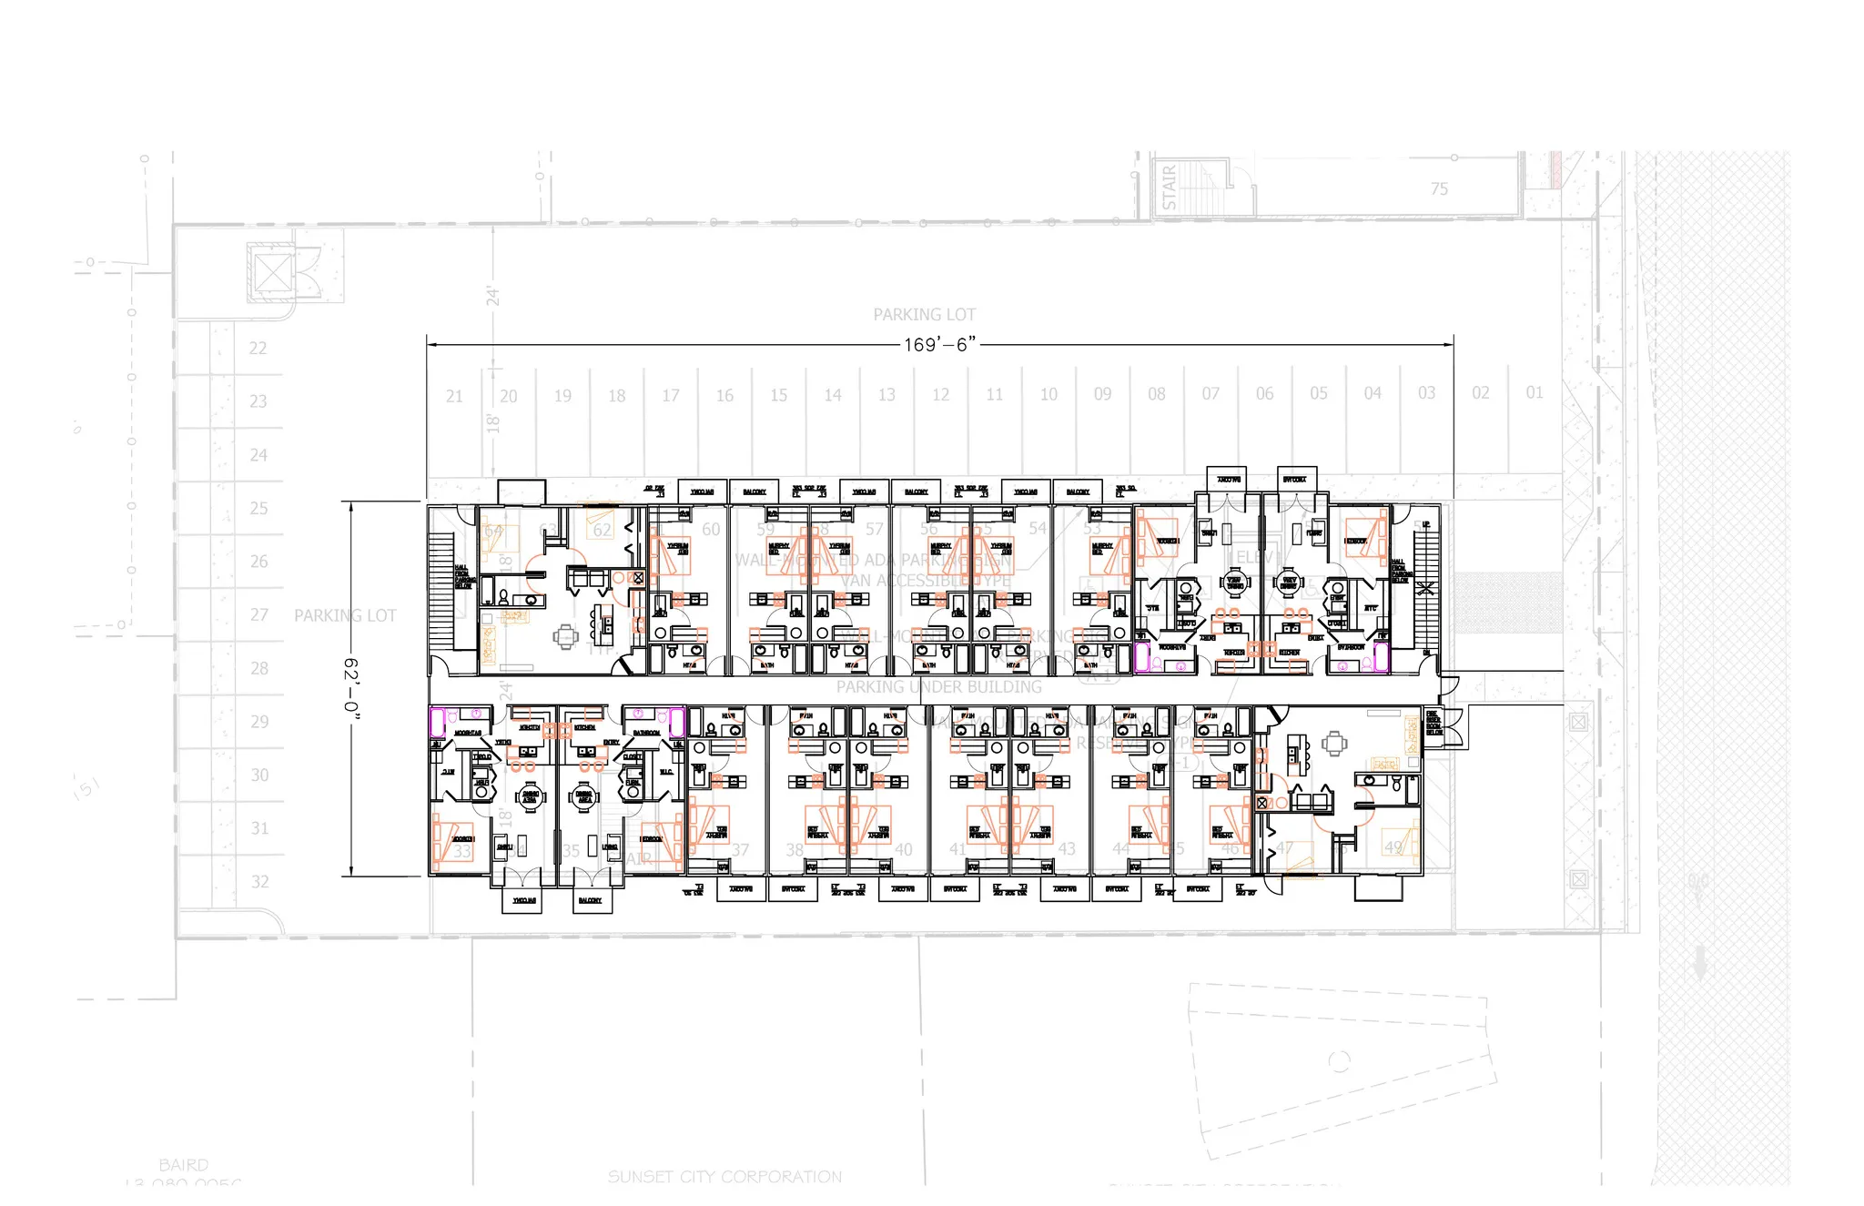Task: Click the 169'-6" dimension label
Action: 939,344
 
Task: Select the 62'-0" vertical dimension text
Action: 351,688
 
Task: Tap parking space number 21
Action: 454,396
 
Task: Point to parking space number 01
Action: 1535,392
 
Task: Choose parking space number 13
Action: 886,395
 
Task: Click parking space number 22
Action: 258,348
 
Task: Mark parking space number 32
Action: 260,881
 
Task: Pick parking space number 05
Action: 1319,393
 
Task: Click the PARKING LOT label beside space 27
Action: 345,616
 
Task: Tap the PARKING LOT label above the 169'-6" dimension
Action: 924,315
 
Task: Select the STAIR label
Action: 1170,187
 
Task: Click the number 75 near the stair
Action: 1439,189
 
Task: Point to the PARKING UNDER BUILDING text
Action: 938,687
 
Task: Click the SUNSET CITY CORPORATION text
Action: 724,1177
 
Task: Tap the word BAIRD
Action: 183,1165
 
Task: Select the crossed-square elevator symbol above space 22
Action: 271,272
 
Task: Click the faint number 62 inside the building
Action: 602,530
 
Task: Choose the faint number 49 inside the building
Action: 1393,847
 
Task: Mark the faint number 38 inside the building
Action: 795,849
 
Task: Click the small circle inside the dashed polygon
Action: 1339,1061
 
